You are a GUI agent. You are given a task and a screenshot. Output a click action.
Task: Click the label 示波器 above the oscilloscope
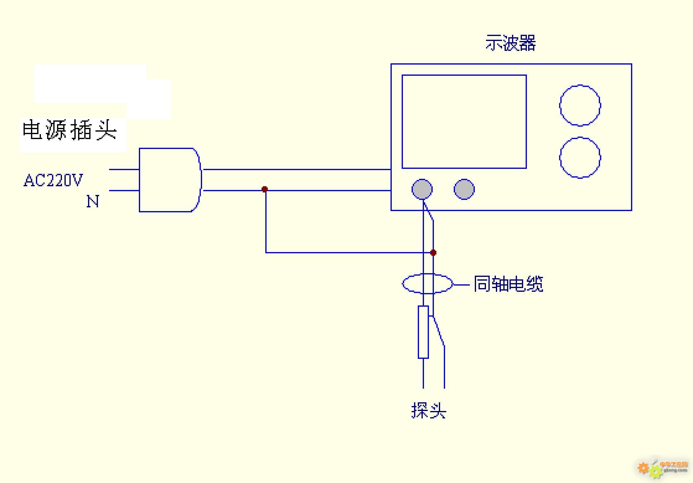(x=510, y=43)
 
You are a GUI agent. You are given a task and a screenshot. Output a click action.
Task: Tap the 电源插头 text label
(x=69, y=130)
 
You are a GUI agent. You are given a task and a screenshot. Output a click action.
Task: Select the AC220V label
(x=53, y=180)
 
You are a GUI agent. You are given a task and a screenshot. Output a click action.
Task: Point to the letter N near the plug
(x=93, y=202)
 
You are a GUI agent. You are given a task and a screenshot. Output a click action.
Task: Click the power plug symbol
(x=169, y=180)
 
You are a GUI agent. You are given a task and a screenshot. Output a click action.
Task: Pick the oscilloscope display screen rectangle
(x=464, y=122)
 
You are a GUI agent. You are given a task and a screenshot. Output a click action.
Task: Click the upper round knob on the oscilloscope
(x=580, y=105)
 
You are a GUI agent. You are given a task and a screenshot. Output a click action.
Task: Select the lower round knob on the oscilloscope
(x=580, y=158)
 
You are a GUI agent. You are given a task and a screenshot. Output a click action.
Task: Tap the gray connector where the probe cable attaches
(x=422, y=190)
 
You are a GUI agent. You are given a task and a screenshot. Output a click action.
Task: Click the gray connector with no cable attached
(x=464, y=189)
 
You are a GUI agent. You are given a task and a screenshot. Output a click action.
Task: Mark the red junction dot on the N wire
(x=265, y=190)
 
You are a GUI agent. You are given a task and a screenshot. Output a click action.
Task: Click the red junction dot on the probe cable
(x=433, y=252)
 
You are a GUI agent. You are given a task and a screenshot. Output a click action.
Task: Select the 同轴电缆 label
(x=508, y=284)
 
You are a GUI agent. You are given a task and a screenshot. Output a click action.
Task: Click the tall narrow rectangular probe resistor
(x=423, y=332)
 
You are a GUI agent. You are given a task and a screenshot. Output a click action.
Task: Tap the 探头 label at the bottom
(x=429, y=411)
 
